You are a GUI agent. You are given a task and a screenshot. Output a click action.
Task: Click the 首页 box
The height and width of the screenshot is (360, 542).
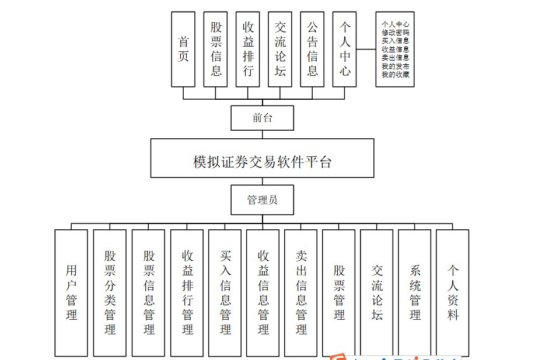[x=183, y=49]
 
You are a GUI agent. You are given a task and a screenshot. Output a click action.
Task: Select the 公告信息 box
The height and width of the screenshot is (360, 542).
[x=312, y=49]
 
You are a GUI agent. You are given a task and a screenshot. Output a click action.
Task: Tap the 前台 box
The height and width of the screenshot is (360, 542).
[x=262, y=118]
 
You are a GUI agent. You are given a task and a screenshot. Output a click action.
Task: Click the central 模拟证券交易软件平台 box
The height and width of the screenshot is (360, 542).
[x=262, y=158]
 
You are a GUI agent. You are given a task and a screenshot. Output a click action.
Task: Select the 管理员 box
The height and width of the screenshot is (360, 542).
[x=262, y=200]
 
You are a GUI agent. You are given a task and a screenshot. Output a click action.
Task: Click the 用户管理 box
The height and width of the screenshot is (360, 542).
[x=71, y=292]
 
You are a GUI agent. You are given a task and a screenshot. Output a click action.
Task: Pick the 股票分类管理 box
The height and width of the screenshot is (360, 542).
[x=110, y=292]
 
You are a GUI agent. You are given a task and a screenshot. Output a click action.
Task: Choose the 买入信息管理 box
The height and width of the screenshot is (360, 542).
[x=225, y=292]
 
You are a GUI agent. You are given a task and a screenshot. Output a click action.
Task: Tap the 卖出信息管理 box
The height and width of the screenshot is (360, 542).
[x=301, y=292]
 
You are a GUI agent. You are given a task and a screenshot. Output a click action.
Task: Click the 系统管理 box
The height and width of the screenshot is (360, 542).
[x=415, y=292]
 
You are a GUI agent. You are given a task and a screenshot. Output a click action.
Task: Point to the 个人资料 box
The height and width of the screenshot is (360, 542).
[x=453, y=292]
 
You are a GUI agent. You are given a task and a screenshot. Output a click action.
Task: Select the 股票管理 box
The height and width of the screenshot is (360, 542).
[x=339, y=292]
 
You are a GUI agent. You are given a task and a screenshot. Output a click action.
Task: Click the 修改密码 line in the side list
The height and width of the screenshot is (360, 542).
[x=395, y=33]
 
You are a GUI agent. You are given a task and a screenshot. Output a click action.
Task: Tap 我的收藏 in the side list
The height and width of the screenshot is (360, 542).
[x=395, y=75]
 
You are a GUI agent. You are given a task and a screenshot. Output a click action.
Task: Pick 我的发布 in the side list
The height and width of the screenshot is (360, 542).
[x=395, y=67]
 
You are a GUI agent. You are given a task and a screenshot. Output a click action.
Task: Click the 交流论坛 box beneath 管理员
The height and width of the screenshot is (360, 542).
[x=377, y=292]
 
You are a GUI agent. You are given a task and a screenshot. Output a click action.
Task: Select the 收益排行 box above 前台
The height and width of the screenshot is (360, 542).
[x=247, y=49]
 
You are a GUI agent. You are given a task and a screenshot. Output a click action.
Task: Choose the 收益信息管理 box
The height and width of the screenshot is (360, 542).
[x=263, y=292]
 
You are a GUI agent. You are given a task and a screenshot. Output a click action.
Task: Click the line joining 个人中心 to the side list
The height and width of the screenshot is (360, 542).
[x=366, y=49]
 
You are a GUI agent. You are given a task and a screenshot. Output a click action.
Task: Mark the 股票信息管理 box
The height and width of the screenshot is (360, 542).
[x=148, y=292]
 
